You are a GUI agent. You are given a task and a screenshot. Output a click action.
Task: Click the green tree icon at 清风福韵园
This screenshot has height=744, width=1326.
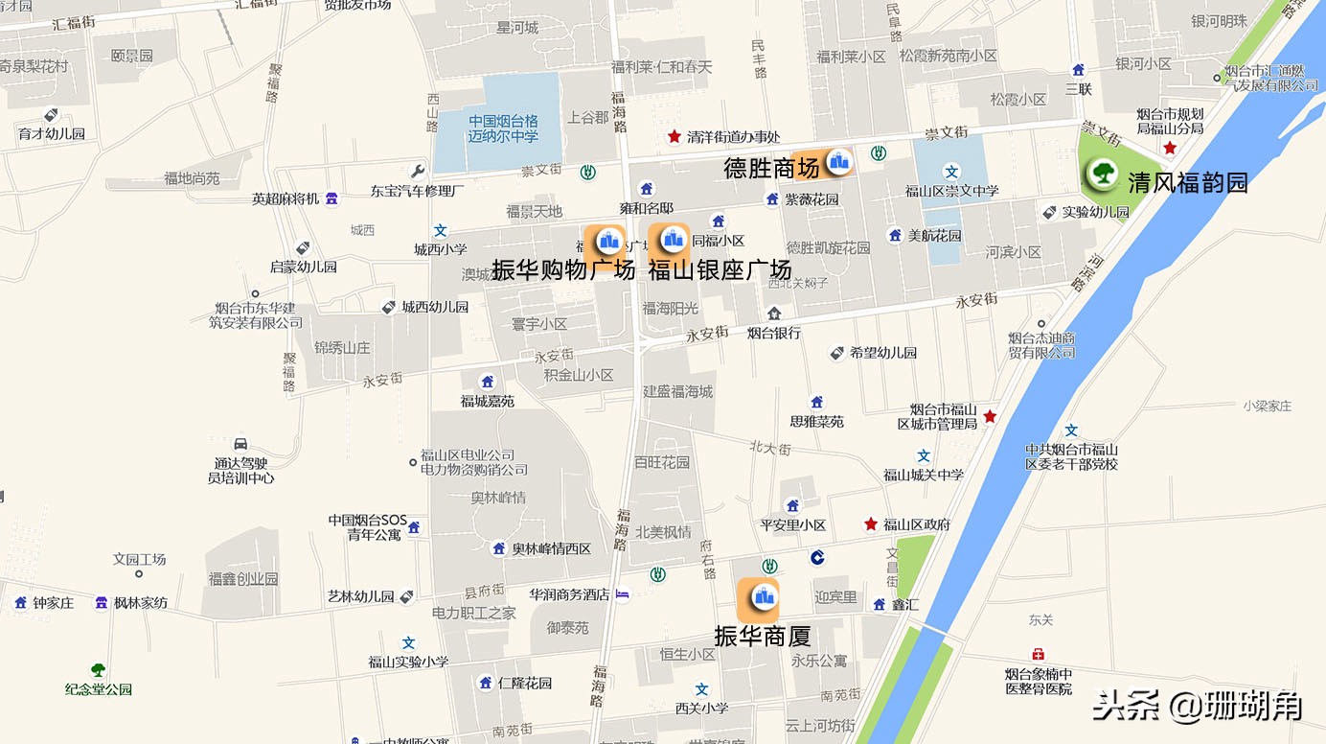coord(1102,174)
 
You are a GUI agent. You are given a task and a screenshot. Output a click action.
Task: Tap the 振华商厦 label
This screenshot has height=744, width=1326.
coord(763,636)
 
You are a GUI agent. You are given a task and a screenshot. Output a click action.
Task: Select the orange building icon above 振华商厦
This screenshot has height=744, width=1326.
coord(763,597)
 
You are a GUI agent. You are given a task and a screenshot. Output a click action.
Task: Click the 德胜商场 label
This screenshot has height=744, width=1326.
coord(771,169)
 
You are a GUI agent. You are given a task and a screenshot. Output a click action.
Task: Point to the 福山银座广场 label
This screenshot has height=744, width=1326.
coord(720,269)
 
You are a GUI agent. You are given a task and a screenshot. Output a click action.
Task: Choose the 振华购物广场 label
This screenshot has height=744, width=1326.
coord(563,269)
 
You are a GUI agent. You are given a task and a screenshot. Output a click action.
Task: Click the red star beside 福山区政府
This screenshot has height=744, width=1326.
coord(871,524)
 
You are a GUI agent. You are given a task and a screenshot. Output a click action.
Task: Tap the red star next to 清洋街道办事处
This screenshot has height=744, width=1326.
coord(674,137)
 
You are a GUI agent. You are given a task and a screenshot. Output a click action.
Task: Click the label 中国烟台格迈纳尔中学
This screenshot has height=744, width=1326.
coord(503,128)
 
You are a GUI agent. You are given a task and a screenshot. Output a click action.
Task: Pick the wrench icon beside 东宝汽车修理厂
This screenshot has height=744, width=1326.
coord(418,172)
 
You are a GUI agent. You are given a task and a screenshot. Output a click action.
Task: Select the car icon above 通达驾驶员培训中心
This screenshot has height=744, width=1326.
coord(241,443)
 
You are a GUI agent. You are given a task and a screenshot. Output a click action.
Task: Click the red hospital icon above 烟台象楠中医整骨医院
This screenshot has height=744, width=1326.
coord(1039,655)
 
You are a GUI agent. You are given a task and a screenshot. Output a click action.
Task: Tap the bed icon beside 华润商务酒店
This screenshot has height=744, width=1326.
coord(623,594)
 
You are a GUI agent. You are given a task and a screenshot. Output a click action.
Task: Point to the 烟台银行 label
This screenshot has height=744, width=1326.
coord(773,334)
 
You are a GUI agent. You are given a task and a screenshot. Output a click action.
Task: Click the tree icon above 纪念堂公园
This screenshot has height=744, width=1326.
coord(98,670)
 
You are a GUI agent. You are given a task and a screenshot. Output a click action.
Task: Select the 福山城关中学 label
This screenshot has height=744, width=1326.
coord(924,475)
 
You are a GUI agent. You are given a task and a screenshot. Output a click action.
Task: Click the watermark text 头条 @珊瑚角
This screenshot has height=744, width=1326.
coord(1198,707)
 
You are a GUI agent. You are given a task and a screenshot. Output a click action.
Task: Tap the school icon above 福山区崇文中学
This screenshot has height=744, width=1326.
coord(951,172)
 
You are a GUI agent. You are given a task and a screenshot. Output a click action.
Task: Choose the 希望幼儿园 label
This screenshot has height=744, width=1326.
coord(882,353)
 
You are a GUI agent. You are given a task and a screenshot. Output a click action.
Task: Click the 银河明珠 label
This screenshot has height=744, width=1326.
coord(1219,21)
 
